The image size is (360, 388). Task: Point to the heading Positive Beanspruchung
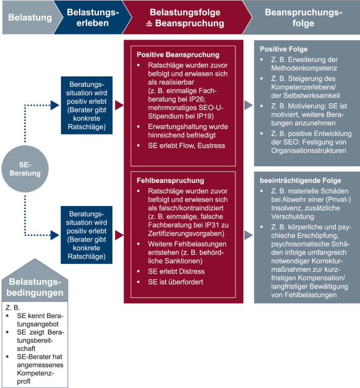178,54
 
